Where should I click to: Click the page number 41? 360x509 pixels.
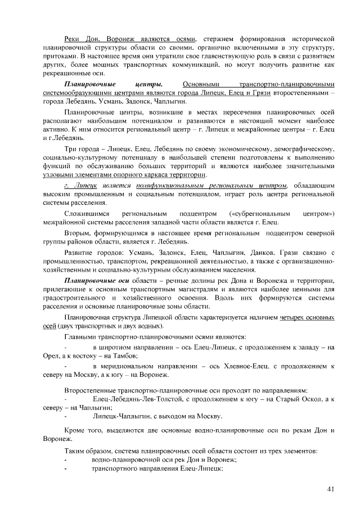(330, 489)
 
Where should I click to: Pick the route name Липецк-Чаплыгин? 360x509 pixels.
(127, 416)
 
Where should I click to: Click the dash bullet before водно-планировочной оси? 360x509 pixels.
(66, 460)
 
